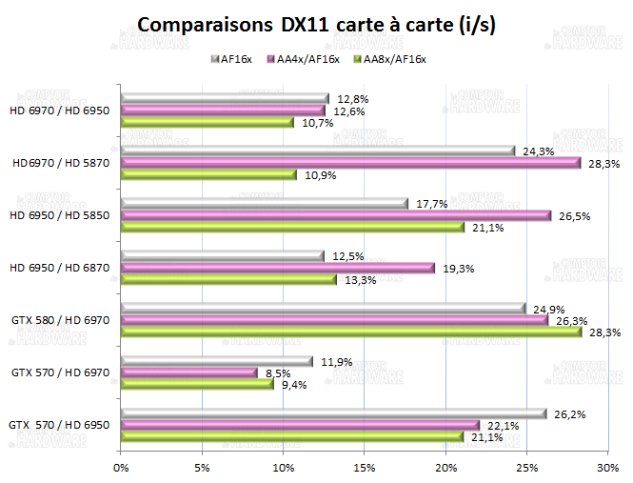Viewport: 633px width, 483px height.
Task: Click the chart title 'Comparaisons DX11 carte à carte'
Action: coord(316,24)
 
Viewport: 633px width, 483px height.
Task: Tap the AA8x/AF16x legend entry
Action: coord(389,59)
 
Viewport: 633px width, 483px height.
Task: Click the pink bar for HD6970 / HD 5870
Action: coord(350,163)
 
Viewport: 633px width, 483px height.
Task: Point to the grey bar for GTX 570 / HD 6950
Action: coord(333,413)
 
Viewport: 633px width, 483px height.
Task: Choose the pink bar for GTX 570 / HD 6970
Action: coord(189,372)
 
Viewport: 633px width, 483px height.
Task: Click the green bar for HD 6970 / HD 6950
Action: coord(207,123)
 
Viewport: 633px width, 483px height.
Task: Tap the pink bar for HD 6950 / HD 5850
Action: coord(336,215)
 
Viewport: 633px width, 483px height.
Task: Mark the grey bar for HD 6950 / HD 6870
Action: coord(222,255)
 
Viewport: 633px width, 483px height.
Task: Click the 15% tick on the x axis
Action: coord(365,468)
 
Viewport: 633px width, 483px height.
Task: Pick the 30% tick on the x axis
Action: coord(607,468)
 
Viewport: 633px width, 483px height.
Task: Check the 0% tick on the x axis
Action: coord(121,468)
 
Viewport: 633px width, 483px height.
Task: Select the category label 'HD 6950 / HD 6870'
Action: coord(59,268)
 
